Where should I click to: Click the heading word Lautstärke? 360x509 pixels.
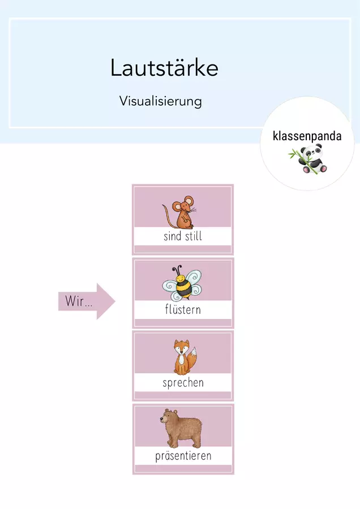[164, 67]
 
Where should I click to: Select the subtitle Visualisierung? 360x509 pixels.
[161, 101]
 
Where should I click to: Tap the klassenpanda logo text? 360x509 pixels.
[307, 136]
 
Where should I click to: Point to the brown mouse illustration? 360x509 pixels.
[179, 212]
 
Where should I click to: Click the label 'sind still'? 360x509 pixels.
[183, 236]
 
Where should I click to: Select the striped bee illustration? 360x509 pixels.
[182, 283]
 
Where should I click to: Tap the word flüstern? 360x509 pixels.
[183, 309]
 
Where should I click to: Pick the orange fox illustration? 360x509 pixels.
[185, 357]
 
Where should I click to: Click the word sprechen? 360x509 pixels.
[183, 383]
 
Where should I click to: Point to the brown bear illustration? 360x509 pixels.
[181, 429]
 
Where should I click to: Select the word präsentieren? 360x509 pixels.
[183, 456]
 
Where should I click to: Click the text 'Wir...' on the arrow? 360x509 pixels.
[79, 301]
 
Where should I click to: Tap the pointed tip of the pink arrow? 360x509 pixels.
[115, 301]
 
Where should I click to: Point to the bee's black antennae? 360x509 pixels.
[177, 270]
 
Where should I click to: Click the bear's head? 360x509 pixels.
[169, 417]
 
